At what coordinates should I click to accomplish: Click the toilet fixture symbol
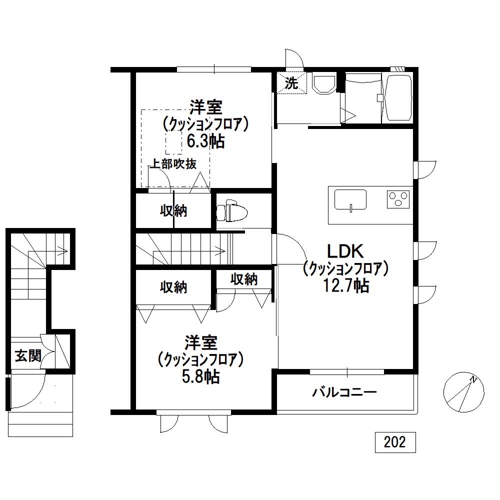[232, 210]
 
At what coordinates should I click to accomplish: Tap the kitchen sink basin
[350, 200]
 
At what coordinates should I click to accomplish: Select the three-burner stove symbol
[398, 199]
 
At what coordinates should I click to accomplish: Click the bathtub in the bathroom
[398, 97]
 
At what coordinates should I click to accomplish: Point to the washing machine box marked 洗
[291, 83]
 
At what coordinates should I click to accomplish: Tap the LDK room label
[346, 251]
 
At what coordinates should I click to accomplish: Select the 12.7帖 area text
[346, 285]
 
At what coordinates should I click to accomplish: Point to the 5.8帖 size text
[200, 376]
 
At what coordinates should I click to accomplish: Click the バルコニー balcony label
[344, 392]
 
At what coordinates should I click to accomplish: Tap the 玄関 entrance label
[28, 355]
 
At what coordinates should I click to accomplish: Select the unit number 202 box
[395, 442]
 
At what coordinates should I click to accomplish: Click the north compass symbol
[463, 392]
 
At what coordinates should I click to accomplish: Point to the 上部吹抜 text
[173, 164]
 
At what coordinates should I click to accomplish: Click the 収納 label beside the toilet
[173, 211]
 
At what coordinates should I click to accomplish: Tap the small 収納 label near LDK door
[244, 279]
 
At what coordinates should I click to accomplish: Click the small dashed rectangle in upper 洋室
[174, 143]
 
